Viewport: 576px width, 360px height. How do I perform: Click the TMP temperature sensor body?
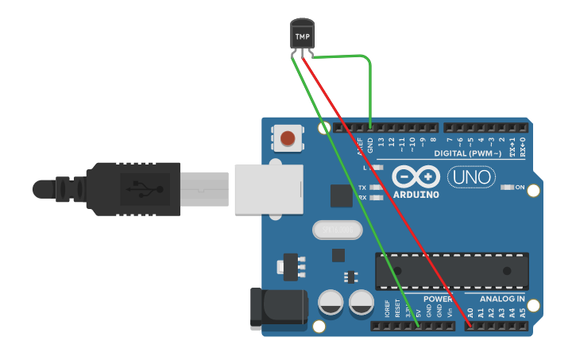pos(303,35)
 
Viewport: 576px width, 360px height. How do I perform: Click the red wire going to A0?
pos(389,191)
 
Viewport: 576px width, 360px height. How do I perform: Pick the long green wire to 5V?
pos(358,191)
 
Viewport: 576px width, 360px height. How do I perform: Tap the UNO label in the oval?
pos(471,176)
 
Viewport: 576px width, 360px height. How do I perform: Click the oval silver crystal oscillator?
pos(337,230)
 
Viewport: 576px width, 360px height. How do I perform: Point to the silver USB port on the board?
pos(269,188)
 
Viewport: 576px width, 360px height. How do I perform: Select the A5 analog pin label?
pos(522,313)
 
